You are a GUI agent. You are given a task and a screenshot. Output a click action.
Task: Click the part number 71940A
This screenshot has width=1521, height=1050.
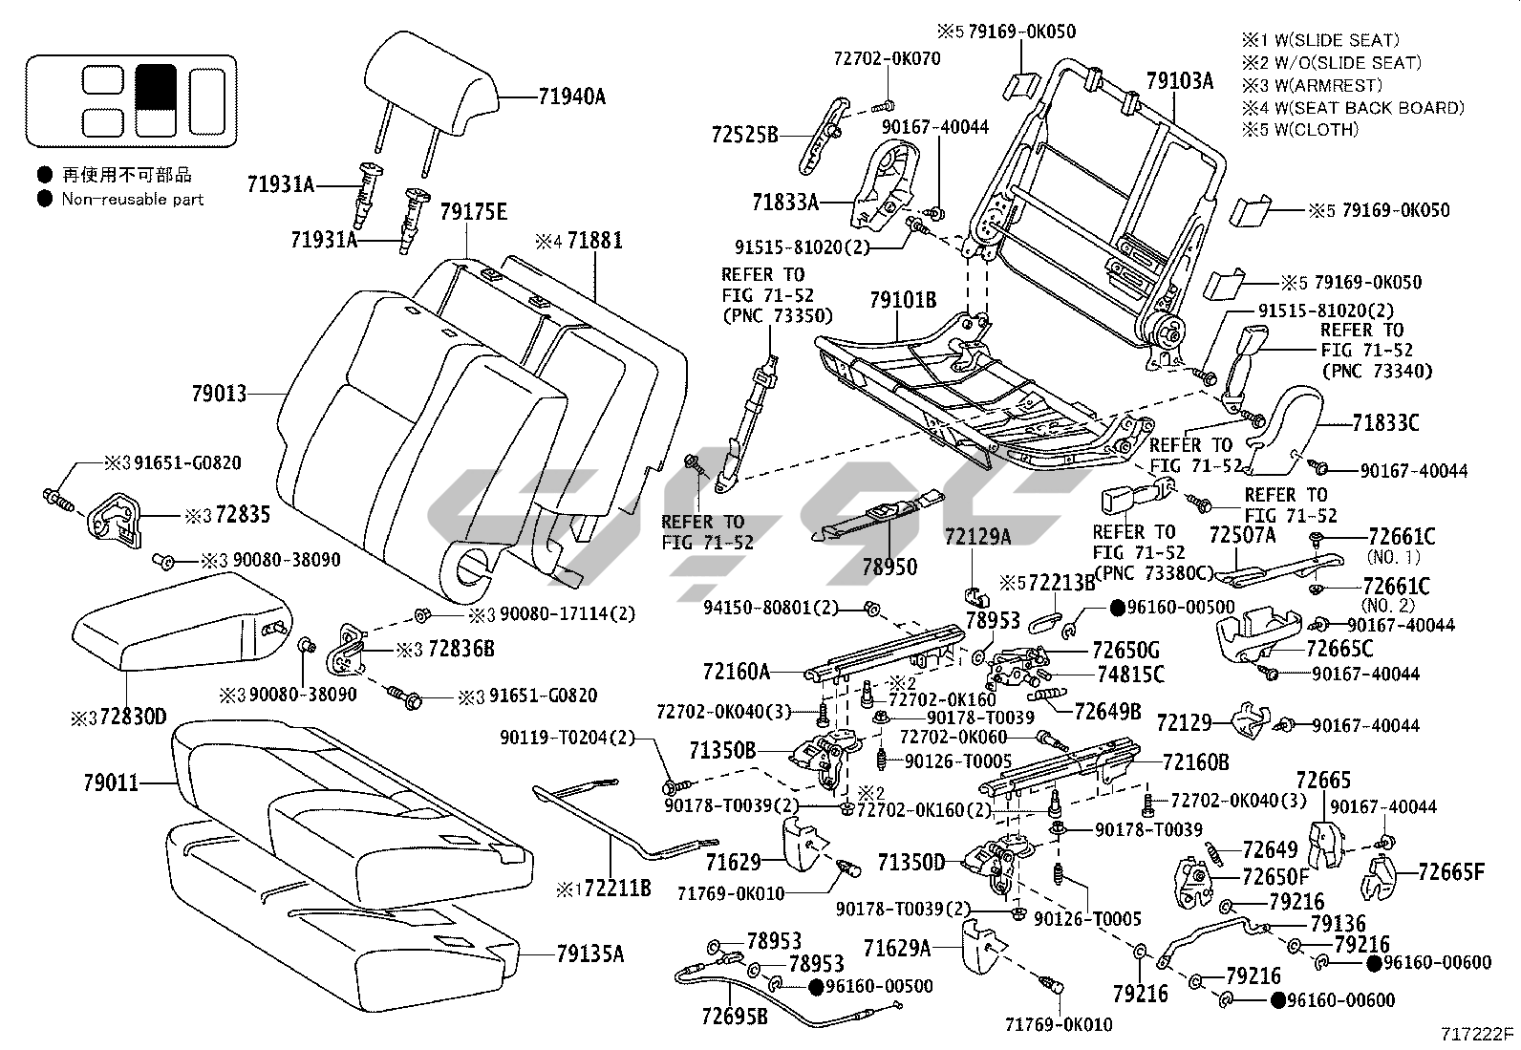(x=571, y=96)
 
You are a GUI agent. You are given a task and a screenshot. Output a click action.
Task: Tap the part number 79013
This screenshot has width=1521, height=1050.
(x=219, y=393)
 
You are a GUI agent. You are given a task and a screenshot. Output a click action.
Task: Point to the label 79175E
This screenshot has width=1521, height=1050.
(x=473, y=212)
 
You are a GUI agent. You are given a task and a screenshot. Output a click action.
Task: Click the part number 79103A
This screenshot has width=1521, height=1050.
(x=1179, y=81)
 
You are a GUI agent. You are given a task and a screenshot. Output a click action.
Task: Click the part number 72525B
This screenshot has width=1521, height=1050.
(x=744, y=135)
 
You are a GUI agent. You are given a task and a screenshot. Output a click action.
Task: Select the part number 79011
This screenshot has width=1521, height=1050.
(x=110, y=783)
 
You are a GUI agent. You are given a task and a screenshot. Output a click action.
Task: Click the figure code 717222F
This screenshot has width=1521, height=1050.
(x=1478, y=1033)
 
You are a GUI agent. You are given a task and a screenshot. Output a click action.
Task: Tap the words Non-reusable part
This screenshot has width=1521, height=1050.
(x=133, y=199)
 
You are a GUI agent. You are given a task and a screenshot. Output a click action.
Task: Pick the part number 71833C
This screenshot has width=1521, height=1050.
(x=1385, y=421)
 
